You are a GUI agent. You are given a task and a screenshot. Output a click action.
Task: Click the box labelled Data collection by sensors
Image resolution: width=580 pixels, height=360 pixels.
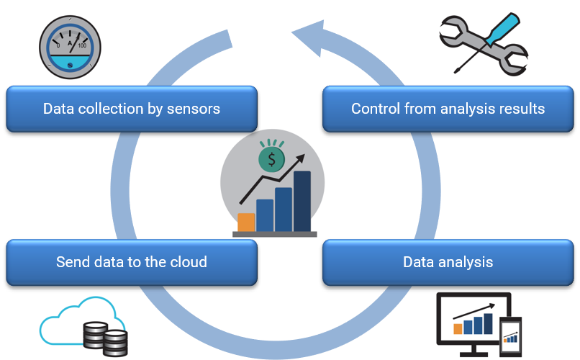(131, 109)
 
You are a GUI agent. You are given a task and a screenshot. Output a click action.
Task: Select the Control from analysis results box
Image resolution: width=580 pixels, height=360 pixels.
(448, 109)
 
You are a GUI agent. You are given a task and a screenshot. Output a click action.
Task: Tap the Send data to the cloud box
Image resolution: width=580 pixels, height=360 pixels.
(131, 261)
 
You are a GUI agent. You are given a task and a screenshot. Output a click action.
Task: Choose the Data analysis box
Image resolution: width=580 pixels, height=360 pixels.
(448, 261)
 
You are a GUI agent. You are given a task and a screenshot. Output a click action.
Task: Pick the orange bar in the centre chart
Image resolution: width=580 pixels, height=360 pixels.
(246, 221)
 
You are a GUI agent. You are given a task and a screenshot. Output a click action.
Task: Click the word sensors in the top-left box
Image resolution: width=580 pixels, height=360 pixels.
(194, 109)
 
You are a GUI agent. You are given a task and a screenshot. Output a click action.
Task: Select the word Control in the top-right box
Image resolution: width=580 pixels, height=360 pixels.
(376, 109)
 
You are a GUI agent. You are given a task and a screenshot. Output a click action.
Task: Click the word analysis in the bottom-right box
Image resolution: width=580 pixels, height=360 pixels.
(466, 261)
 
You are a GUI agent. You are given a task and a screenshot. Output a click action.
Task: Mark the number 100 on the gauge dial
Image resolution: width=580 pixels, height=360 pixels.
(82, 45)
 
